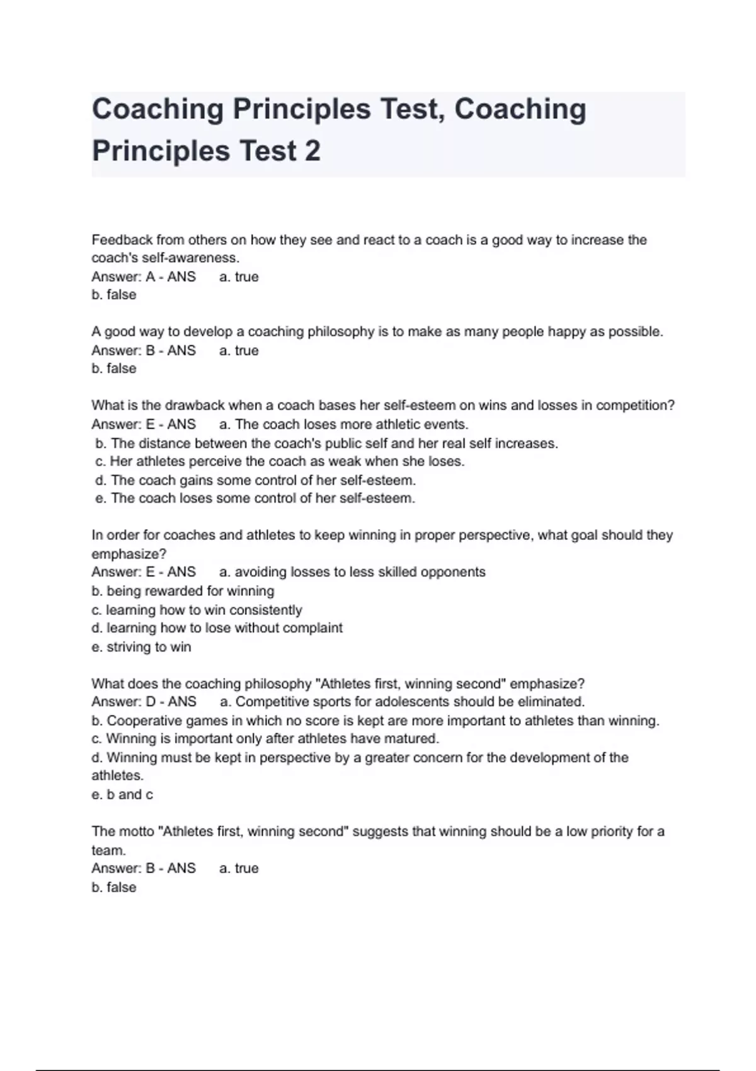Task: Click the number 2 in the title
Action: click(311, 151)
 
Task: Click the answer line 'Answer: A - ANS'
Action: click(144, 277)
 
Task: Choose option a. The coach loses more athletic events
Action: click(344, 424)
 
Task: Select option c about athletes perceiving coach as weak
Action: click(280, 461)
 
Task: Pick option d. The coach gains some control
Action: click(255, 480)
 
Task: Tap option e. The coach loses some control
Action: click(255, 498)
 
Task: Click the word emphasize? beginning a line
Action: click(129, 554)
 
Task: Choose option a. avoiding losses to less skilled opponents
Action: click(352, 572)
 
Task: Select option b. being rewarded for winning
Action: click(183, 591)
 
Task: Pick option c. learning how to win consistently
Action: click(197, 610)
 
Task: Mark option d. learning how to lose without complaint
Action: click(217, 628)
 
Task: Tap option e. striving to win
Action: click(141, 647)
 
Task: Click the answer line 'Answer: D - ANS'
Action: click(144, 702)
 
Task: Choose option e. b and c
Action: click(122, 794)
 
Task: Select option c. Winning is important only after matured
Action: click(265, 738)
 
